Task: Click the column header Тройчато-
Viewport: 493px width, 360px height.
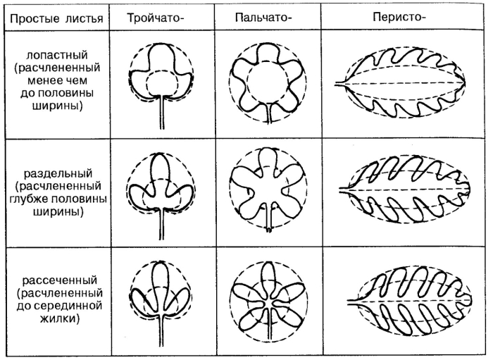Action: click(x=156, y=18)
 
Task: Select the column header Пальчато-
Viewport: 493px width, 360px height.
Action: click(x=263, y=18)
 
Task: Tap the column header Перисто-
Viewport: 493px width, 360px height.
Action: click(x=399, y=17)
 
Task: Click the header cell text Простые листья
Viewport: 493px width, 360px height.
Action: click(x=56, y=18)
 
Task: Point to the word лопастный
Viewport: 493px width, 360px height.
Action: click(x=57, y=56)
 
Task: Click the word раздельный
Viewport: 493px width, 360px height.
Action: click(x=58, y=173)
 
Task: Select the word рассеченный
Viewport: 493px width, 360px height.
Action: click(x=60, y=280)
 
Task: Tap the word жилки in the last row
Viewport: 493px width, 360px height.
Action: click(x=60, y=319)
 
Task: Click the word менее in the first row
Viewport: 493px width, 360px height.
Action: click(x=43, y=81)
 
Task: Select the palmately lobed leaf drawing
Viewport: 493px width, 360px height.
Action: click(x=268, y=82)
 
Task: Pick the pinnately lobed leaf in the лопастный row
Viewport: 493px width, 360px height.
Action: click(x=400, y=83)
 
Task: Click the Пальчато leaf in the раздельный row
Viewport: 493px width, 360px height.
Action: click(x=268, y=190)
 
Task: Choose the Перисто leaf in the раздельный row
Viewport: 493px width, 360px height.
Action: click(x=405, y=190)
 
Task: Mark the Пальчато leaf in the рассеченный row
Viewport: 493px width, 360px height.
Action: click(x=268, y=299)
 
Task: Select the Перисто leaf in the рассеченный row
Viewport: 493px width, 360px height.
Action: click(x=409, y=301)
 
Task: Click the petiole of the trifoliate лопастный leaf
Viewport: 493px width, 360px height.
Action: click(x=161, y=112)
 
